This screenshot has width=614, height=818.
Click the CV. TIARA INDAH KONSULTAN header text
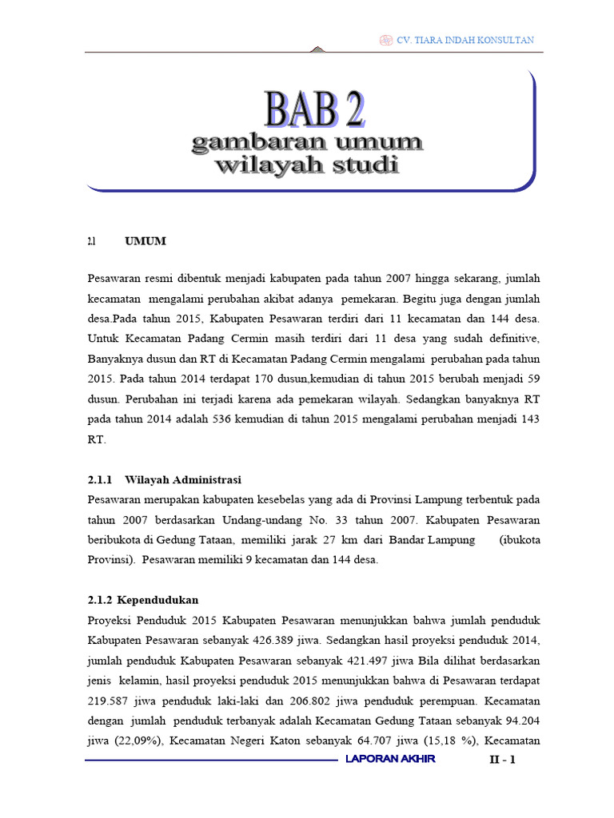(465, 40)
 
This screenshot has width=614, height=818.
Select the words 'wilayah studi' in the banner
(307, 166)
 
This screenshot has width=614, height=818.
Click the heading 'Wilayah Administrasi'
(183, 479)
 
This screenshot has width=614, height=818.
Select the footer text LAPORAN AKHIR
(390, 759)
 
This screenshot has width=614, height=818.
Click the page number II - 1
(504, 760)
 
